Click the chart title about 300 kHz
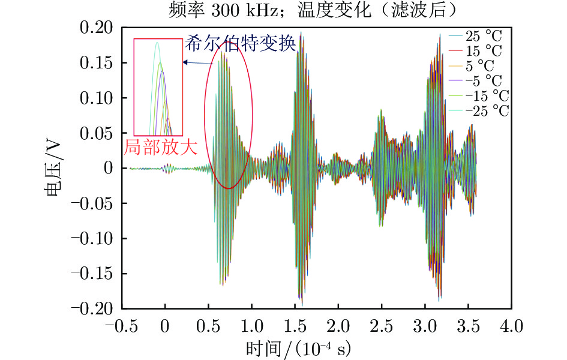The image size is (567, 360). coord(283,10)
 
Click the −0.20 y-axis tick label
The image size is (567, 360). coord(94,308)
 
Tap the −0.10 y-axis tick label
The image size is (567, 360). coord(94,238)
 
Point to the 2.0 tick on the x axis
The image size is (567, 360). coord(338,326)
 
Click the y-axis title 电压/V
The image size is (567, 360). coord(52,169)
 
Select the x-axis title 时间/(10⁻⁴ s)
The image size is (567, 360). coord(298,347)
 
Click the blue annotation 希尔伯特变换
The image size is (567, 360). coord(240,44)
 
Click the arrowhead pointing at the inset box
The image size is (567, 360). coord(185,62)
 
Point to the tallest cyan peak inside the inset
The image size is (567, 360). coord(157,43)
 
